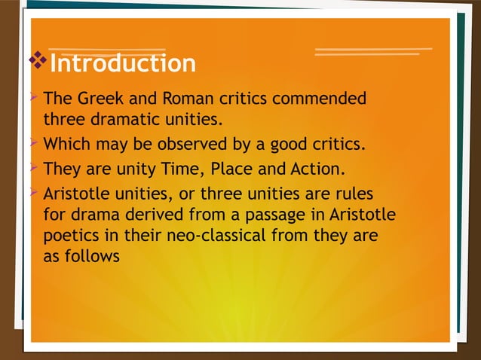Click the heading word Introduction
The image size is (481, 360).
coord(122,63)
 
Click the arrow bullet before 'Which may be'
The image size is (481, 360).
coord(34,144)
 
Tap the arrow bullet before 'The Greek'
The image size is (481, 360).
coord(34,99)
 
